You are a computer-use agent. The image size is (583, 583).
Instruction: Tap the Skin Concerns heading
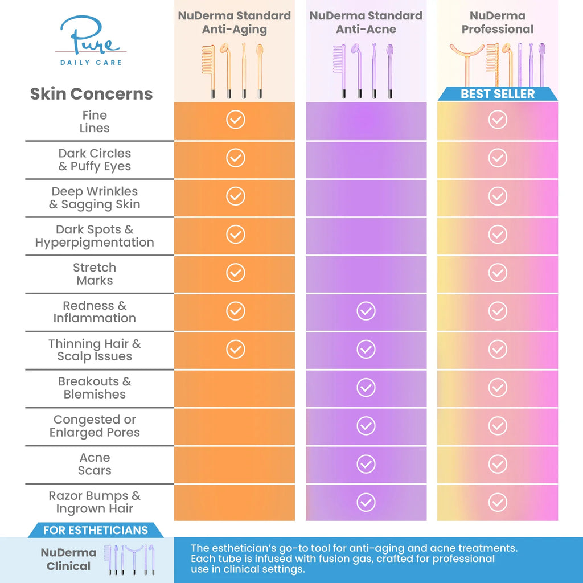pyautogui.click(x=91, y=94)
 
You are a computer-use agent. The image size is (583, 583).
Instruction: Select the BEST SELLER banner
pyautogui.click(x=498, y=94)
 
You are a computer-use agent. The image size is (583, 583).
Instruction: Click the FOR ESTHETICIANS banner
pyautogui.click(x=95, y=530)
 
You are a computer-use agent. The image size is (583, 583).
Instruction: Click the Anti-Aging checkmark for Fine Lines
pyautogui.click(x=235, y=120)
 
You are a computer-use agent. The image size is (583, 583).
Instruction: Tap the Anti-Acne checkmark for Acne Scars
pyautogui.click(x=366, y=464)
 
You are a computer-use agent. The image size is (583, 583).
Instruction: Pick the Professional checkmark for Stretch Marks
pyautogui.click(x=498, y=273)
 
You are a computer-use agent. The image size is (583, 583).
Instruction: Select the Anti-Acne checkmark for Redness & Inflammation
pyautogui.click(x=366, y=311)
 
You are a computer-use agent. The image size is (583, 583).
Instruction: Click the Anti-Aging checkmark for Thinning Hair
pyautogui.click(x=235, y=349)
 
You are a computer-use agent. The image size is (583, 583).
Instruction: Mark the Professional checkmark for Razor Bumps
pyautogui.click(x=498, y=502)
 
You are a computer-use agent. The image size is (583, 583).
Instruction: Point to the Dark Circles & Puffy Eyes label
pyautogui.click(x=95, y=160)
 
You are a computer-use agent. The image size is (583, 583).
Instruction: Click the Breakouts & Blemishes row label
pyautogui.click(x=95, y=388)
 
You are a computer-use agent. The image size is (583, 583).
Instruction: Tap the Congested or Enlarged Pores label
pyautogui.click(x=95, y=426)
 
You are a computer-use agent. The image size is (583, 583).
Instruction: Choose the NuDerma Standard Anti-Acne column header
pyautogui.click(x=366, y=22)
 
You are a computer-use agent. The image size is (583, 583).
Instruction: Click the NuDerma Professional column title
pyautogui.click(x=498, y=22)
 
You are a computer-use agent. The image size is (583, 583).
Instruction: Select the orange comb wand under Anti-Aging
pyautogui.click(x=207, y=71)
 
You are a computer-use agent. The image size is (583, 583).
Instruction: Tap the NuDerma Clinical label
pyautogui.click(x=68, y=559)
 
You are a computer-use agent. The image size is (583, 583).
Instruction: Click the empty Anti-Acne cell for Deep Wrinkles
pyautogui.click(x=366, y=197)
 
